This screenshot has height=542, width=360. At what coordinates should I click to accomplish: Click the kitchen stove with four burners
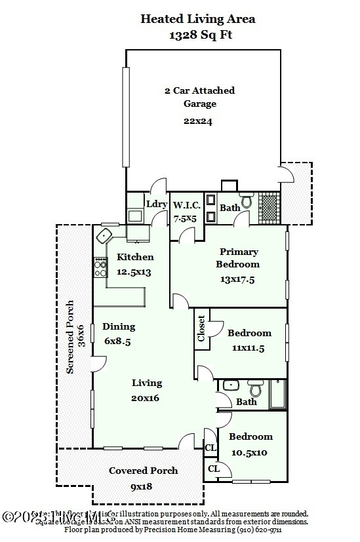(x=100, y=266)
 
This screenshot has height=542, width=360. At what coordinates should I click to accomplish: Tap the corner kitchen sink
(x=104, y=235)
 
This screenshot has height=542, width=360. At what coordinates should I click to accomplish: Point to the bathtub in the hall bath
(x=278, y=395)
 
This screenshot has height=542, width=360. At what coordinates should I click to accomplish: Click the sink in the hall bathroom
(x=230, y=385)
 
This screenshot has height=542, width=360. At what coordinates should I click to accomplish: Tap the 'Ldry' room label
(x=157, y=204)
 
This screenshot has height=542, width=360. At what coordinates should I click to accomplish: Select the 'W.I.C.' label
(x=186, y=205)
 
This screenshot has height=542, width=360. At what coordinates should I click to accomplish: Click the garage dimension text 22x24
(x=198, y=121)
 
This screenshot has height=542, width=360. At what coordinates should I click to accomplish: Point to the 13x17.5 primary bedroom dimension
(x=238, y=279)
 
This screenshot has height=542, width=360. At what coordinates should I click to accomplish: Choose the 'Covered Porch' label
(x=143, y=471)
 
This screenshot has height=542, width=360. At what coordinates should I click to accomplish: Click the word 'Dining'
(x=119, y=326)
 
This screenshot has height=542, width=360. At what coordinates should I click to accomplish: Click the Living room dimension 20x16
(x=146, y=397)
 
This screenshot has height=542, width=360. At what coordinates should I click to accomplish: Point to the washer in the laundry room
(x=136, y=214)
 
